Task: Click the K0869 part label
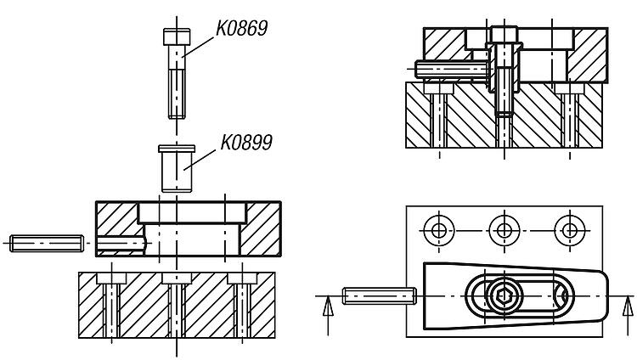pos(241,28)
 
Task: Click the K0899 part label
pos(246,143)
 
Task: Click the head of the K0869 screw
pos(177,37)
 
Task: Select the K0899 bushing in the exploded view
pos(177,168)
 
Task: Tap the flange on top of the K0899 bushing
pos(177,149)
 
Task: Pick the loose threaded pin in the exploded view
pos(47,243)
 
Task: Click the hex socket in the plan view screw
pos(504,295)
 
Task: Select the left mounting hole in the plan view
pos(439,230)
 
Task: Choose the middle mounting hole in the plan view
pos(505,230)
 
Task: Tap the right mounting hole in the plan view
pos(570,230)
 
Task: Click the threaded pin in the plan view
pos(379,295)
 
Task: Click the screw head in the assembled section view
pos(505,34)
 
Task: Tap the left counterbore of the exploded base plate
pos(111,278)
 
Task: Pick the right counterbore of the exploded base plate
pos(242,278)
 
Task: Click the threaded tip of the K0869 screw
pos(177,94)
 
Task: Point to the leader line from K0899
pos(199,160)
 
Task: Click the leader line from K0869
pos(197,48)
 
